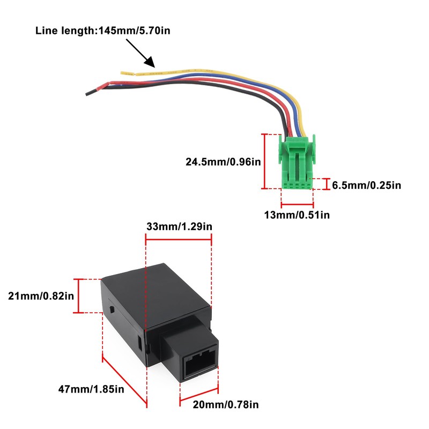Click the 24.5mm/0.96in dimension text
click(x=223, y=161)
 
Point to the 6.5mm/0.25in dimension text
click(x=367, y=186)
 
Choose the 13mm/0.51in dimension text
click(x=297, y=215)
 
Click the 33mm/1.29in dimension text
click(x=179, y=226)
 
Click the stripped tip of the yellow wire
click(x=127, y=72)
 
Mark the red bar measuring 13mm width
click(x=297, y=203)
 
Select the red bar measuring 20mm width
click(x=199, y=399)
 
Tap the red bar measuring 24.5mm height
click(x=264, y=161)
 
